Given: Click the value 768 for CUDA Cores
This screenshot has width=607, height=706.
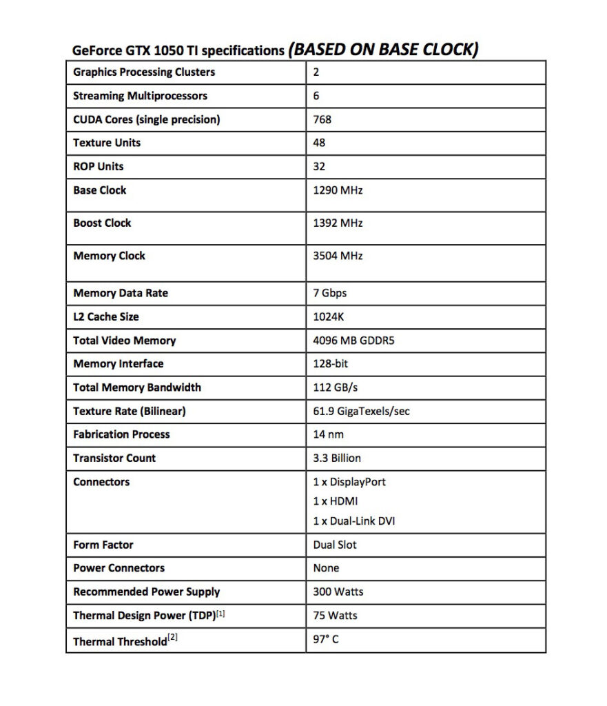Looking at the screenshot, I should [322, 119].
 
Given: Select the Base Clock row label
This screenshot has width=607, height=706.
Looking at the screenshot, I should [100, 190].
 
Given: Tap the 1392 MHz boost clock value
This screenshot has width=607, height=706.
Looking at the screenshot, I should [338, 223].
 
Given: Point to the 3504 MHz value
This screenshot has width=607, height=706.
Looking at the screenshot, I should [338, 256].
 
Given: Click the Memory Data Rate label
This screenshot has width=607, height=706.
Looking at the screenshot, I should [121, 293].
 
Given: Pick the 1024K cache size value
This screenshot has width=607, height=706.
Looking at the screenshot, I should [329, 317].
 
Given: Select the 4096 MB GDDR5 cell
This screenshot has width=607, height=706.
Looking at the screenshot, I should [353, 341].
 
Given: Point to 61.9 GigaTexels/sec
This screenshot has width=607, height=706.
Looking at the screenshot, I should [361, 412].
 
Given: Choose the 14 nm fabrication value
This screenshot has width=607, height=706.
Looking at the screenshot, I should [328, 434].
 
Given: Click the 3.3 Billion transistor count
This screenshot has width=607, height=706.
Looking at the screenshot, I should [337, 458].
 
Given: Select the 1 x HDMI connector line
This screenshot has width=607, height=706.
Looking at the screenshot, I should [336, 501].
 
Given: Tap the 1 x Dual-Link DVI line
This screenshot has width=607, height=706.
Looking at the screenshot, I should [354, 521].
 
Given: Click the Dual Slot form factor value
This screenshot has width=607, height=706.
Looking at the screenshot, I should [335, 545].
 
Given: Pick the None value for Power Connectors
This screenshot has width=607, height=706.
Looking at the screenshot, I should [326, 568].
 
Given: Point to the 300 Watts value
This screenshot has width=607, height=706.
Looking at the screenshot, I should [338, 592].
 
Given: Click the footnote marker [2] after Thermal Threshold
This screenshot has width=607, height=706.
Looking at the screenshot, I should [173, 638].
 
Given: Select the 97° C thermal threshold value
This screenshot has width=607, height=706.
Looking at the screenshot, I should [326, 639].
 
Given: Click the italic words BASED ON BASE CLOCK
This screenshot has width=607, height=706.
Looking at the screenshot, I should [383, 49].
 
